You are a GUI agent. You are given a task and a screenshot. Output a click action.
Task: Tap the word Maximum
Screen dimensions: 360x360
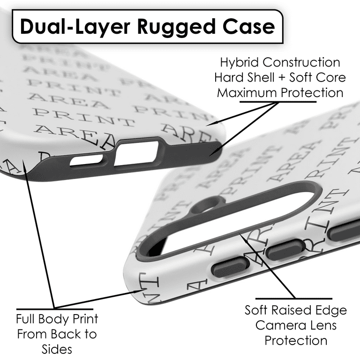pos(247,92)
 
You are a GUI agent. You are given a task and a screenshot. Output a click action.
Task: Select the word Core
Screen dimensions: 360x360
pos(330,77)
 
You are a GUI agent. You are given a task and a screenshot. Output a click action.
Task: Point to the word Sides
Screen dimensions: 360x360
pos(56,349)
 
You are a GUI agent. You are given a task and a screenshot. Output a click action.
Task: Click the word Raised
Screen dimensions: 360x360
pos(299,310)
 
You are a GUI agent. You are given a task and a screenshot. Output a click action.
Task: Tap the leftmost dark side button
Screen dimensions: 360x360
pos(230,268)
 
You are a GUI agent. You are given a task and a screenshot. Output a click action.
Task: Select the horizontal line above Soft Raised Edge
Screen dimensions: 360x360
pos(294,299)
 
